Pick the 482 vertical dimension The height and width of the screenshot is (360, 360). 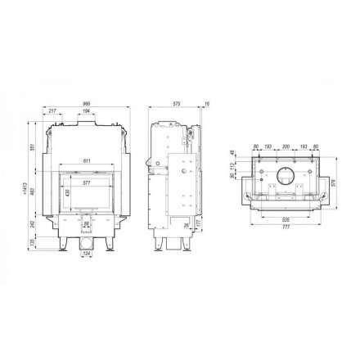[37, 191]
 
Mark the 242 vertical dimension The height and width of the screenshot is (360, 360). [37, 223]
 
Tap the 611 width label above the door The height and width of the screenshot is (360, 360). [88, 160]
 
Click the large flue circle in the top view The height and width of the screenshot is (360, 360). [285, 176]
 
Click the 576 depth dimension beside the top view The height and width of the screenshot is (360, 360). [335, 182]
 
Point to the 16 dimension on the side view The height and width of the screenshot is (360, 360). [208, 104]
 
